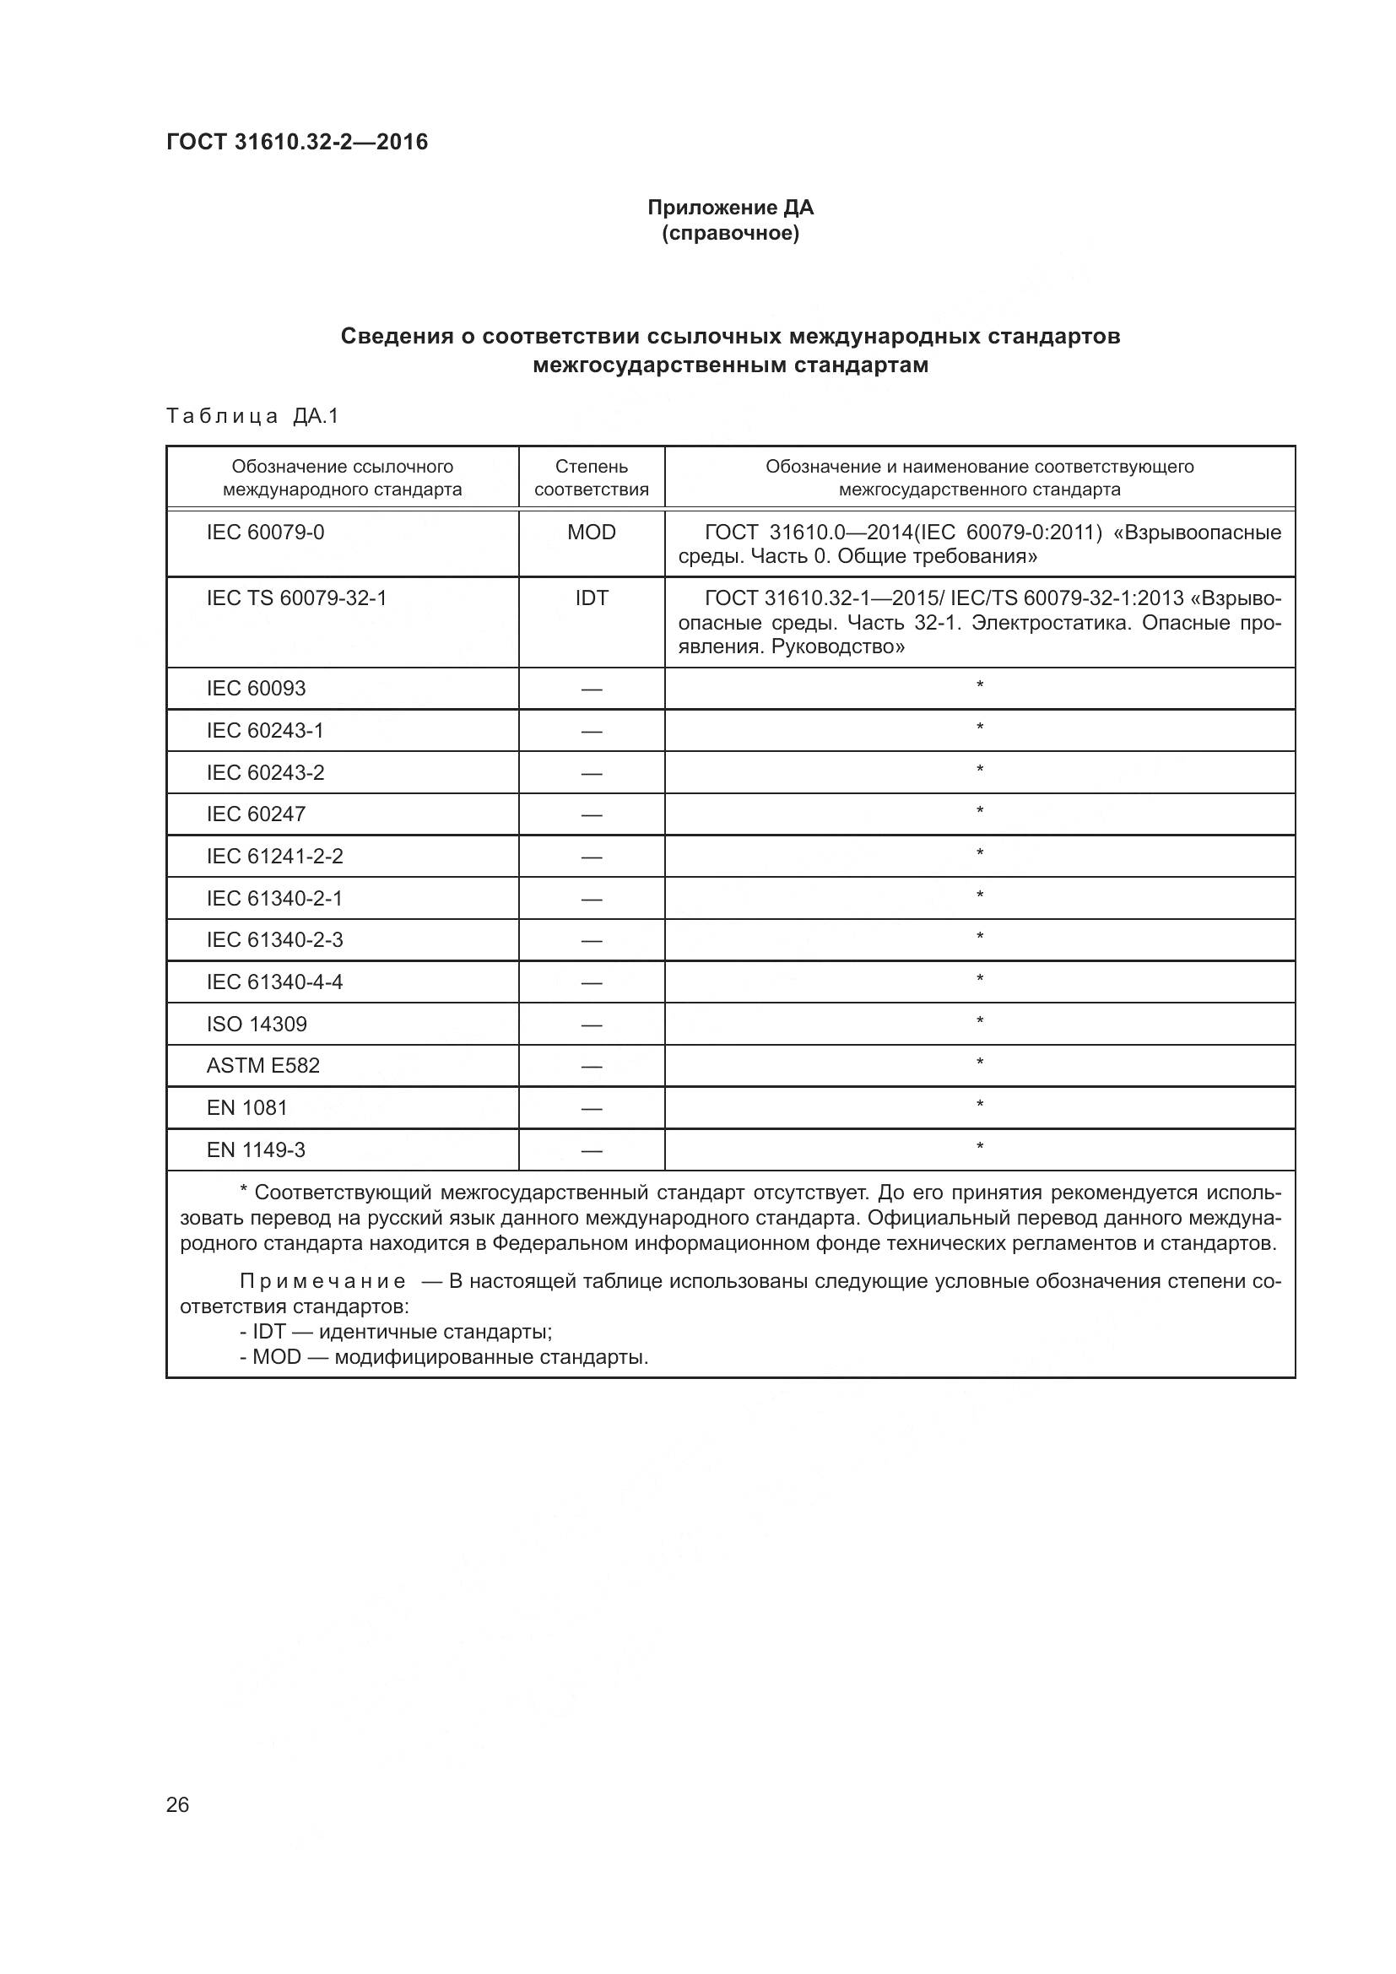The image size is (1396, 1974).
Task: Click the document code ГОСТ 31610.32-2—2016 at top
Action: [297, 142]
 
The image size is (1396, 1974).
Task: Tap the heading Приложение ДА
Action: [730, 208]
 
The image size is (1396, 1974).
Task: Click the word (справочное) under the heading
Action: [730, 233]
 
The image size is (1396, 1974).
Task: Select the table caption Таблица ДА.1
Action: [252, 416]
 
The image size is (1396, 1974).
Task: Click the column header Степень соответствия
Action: [592, 478]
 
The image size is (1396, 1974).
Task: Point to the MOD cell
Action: [592, 533]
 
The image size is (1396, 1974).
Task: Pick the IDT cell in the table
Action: [592, 598]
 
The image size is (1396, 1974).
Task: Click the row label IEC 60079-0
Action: [265, 533]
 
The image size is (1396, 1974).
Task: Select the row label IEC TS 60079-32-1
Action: [296, 598]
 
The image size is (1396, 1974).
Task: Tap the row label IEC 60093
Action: [257, 688]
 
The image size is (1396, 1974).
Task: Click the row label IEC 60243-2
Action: [265, 772]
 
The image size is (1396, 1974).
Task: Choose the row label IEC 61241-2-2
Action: [274, 857]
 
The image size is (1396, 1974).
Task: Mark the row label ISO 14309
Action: [257, 1024]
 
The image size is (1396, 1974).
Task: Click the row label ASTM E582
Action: [263, 1066]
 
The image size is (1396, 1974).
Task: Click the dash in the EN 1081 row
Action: [592, 1108]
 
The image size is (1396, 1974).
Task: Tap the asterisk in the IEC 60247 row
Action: [979, 812]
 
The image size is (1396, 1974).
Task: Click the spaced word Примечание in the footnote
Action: [322, 1282]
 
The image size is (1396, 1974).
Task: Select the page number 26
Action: [177, 1804]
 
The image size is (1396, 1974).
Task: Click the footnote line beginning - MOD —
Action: [444, 1358]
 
